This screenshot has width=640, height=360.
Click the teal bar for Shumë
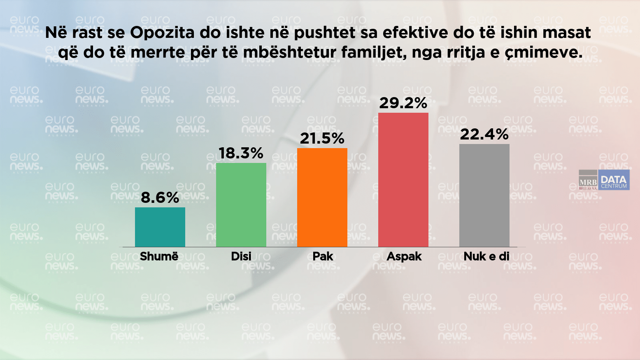[x=160, y=227]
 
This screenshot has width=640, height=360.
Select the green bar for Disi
[x=241, y=205]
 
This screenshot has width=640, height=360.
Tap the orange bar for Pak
[x=322, y=197]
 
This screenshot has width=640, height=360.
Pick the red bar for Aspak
[x=403, y=180]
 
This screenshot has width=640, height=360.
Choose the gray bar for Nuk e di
[x=484, y=195]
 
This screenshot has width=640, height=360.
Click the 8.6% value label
[x=160, y=198]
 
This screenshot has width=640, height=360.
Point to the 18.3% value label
[x=241, y=153]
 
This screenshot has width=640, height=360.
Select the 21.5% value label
[x=322, y=139]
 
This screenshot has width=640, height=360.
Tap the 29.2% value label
[x=403, y=103]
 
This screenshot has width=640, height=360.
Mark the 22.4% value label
[x=484, y=135]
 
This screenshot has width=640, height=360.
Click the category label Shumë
[x=159, y=256]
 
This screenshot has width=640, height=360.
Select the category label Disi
[x=241, y=256]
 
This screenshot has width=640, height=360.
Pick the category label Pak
[x=323, y=256]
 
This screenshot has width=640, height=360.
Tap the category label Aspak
[x=404, y=256]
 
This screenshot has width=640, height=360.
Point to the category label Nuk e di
[x=486, y=256]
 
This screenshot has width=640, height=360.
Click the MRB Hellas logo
[x=588, y=180]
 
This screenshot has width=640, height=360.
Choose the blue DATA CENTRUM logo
[x=614, y=180]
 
